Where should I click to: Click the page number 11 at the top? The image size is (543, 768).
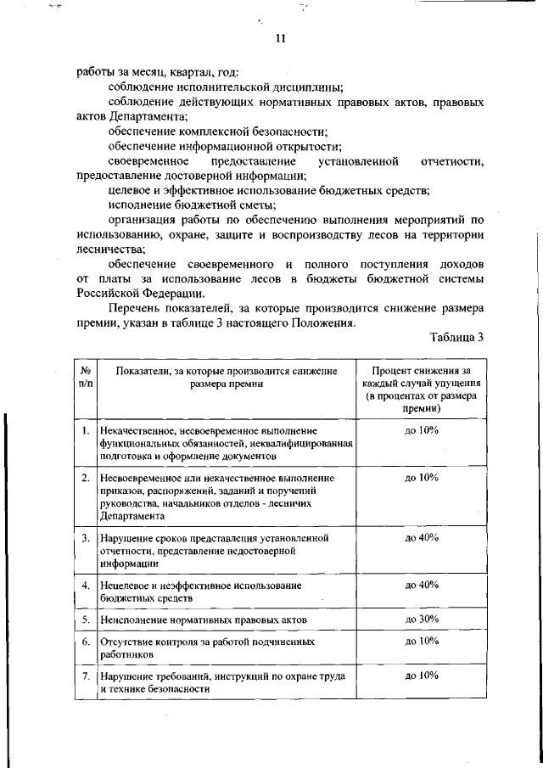point(281,37)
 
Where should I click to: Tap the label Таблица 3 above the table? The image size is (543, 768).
point(456,337)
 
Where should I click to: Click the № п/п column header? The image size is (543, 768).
point(86,377)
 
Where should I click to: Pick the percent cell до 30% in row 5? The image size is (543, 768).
point(421,619)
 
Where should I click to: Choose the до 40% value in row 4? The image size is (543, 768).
point(421,585)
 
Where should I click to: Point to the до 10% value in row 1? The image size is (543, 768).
point(421,431)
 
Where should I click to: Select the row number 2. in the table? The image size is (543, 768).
point(86,478)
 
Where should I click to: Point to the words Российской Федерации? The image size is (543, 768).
point(140,294)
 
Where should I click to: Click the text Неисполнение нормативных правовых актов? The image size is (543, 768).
point(203,620)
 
